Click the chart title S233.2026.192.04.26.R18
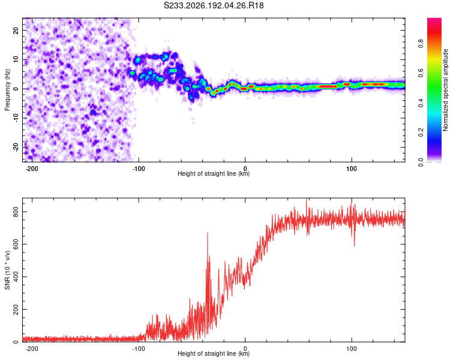tap(214, 5)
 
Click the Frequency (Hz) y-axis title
tap(7, 90)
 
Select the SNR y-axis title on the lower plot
tap(7, 270)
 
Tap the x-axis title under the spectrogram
tap(214, 173)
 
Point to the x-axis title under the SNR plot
tap(214, 353)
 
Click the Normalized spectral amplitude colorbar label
tap(445, 90)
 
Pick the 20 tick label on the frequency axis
tap(16, 30)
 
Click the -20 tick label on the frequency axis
tap(16, 147)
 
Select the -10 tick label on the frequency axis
tap(16, 118)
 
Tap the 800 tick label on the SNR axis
tap(16, 212)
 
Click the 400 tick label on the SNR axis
tap(16, 277)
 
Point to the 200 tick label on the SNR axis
tap(16, 310)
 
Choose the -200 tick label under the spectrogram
tap(32, 169)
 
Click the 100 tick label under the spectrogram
tap(352, 169)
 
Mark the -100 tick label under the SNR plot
tap(139, 349)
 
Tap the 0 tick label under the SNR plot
tap(245, 349)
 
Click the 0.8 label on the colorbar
tap(421, 44)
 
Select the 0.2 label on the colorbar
tap(421, 133)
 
